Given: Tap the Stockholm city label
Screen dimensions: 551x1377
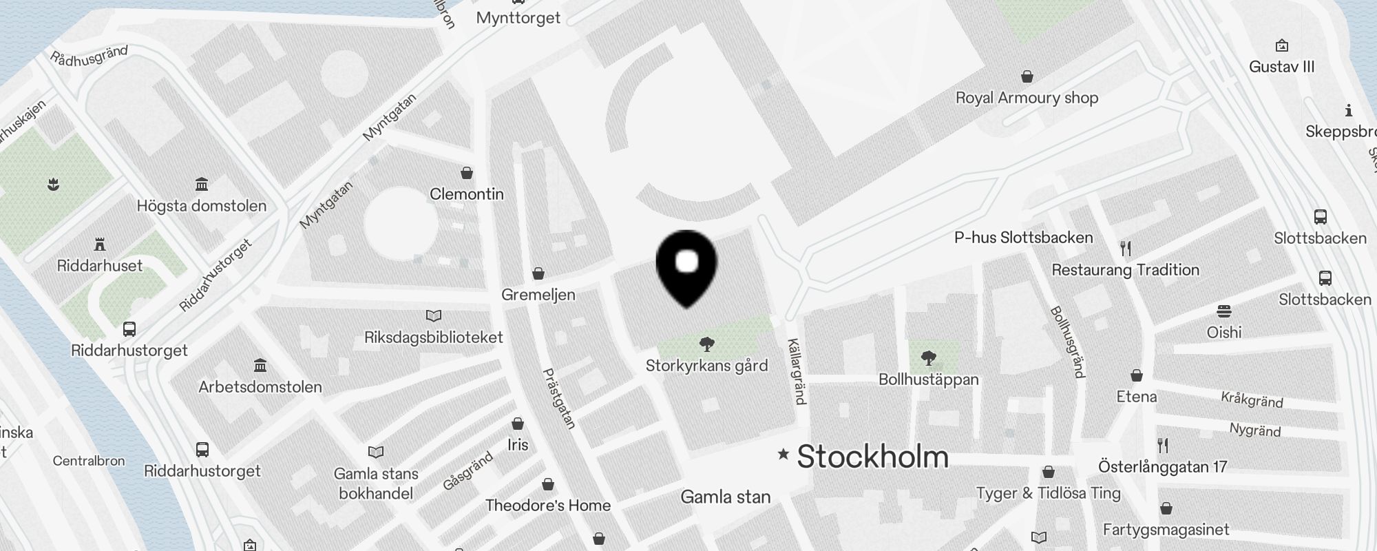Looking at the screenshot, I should (x=872, y=457).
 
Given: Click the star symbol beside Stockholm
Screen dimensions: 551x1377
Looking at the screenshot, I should (x=783, y=454).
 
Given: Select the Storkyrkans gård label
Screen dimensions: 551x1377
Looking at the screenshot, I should (x=706, y=365).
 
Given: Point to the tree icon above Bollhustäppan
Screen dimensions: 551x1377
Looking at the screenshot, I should (x=928, y=357).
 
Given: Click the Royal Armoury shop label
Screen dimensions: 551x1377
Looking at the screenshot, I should (x=1027, y=98).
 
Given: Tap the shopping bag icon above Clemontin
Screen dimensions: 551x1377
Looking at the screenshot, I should (x=467, y=172).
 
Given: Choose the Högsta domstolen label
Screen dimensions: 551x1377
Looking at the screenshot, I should (x=201, y=206).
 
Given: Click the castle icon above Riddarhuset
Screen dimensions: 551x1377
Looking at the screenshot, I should (x=101, y=245).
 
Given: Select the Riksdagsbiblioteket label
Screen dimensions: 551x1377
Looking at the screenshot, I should (x=433, y=337).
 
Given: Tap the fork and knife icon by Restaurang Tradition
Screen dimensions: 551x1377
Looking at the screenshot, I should (x=1126, y=248).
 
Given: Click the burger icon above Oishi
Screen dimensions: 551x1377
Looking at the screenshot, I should (x=1224, y=311).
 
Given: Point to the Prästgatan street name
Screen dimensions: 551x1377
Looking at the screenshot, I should (x=559, y=399).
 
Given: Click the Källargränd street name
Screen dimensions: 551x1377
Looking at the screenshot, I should (x=796, y=371).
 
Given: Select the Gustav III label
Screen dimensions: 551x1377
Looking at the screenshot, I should (x=1281, y=67).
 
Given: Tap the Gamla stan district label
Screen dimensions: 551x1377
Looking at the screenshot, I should (x=725, y=497).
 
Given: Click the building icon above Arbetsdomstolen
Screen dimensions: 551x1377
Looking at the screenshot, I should (x=260, y=365).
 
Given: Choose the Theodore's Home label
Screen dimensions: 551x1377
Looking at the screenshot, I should (x=547, y=506).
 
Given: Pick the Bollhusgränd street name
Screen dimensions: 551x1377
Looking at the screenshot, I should (x=1068, y=342).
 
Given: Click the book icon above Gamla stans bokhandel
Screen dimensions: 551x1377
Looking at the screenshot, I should (x=376, y=453).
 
